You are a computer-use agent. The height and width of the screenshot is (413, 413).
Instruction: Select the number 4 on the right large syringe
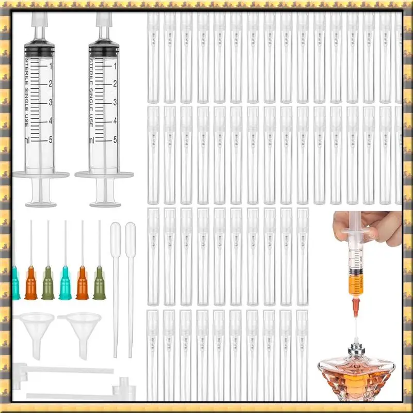click(115, 121)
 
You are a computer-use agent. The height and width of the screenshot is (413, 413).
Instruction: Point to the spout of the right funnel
click(82, 341)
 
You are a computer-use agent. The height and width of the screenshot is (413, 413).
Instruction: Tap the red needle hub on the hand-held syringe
click(355, 308)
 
